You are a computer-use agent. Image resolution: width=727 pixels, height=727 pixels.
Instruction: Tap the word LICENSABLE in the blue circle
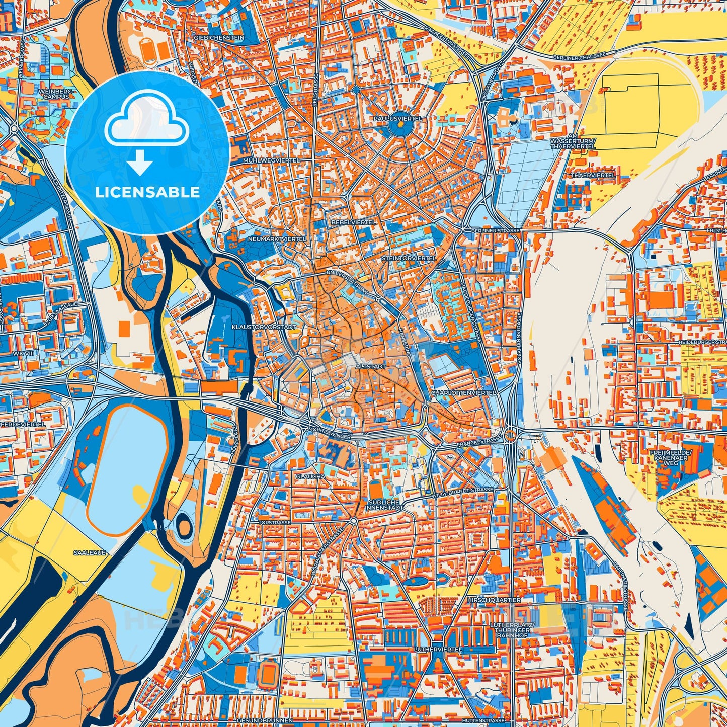click(148, 192)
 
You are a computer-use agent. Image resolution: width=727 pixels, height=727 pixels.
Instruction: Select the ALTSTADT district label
click(371, 367)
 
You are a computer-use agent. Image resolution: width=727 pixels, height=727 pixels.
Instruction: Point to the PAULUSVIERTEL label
click(397, 118)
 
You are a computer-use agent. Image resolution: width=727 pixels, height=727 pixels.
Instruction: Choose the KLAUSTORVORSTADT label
click(263, 327)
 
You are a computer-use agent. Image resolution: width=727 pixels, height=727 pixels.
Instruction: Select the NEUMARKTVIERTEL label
click(276, 239)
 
